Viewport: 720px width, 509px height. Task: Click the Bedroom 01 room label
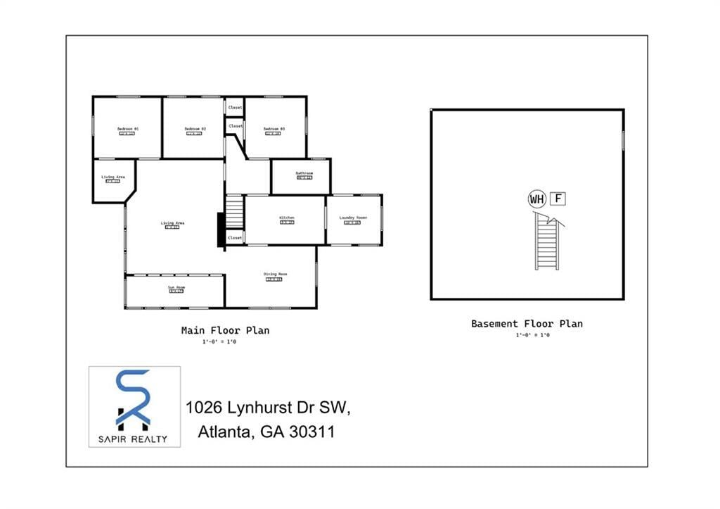click(128, 129)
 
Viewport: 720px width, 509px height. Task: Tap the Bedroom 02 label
click(195, 129)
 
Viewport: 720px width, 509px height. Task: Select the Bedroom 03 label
click(274, 129)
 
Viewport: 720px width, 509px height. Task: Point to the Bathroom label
click(304, 173)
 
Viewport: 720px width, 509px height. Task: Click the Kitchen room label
click(287, 218)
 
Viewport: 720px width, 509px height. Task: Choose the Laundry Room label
click(353, 218)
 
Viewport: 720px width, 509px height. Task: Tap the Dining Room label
click(275, 274)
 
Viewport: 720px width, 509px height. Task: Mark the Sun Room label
click(176, 287)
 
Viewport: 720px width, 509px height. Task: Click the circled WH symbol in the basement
click(536, 199)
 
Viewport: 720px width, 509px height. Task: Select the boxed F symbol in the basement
click(558, 199)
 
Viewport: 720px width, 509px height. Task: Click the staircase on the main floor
click(233, 212)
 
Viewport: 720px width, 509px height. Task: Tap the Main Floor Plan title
click(225, 329)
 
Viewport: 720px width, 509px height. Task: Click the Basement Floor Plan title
click(527, 324)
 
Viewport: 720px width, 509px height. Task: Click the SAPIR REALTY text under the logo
click(134, 439)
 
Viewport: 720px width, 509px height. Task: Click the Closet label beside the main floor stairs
click(235, 238)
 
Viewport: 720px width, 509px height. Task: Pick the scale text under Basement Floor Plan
click(532, 335)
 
